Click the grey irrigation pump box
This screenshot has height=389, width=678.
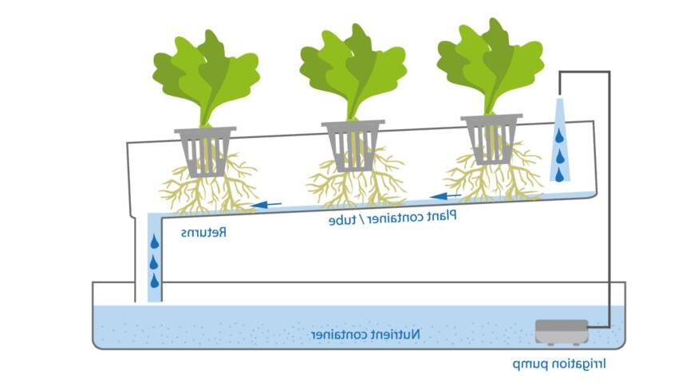[562, 332]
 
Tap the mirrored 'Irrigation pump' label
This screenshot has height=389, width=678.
[559, 364]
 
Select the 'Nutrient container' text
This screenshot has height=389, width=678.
[366, 335]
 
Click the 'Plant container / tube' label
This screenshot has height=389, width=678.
[392, 217]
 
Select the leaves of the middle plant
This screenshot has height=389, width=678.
[352, 69]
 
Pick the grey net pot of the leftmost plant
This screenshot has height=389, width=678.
[206, 150]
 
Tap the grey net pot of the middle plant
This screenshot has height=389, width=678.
[353, 145]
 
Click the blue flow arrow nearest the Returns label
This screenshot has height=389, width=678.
[268, 205]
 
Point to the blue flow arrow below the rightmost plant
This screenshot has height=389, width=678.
[446, 195]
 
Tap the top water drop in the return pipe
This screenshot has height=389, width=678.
[154, 242]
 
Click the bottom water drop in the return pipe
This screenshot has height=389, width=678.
[154, 281]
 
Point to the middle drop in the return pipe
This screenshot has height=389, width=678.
[154, 261]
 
